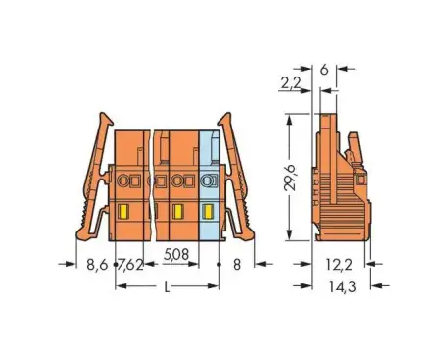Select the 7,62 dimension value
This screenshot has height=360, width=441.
[x=130, y=264]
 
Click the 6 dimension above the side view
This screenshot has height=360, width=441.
[x=324, y=70]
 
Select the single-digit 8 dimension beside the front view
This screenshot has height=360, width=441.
[x=236, y=264]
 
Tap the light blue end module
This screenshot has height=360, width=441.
[x=209, y=185]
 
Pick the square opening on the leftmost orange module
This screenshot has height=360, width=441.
[x=124, y=181]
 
